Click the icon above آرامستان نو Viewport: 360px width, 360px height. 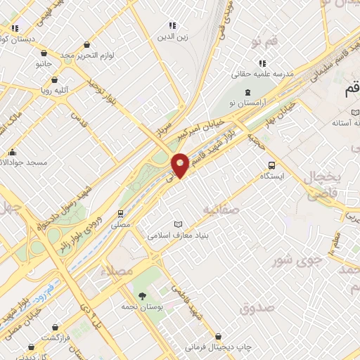click(247, 92)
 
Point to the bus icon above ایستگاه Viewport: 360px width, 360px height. click(271, 165)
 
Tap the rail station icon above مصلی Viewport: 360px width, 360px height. click(122, 212)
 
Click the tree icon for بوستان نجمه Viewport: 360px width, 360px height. click(143, 295)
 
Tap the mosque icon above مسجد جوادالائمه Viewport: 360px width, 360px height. click(12, 152)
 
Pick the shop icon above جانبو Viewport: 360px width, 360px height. click(45, 52)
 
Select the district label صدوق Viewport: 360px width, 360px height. click(255, 308)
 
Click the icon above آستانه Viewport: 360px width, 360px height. click(355, 112)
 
